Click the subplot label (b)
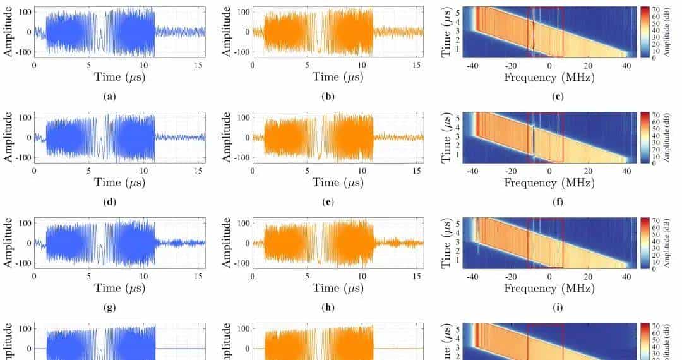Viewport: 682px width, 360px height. tap(337, 97)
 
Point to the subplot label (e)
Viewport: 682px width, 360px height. tap(337, 202)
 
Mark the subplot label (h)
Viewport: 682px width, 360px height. tap(337, 308)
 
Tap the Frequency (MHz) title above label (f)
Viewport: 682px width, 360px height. tap(549, 183)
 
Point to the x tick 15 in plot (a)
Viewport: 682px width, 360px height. tap(199, 65)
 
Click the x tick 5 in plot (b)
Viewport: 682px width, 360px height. tap(307, 65)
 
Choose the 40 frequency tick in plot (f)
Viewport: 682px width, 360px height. tap(626, 171)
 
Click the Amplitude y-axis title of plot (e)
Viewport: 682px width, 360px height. tap(228, 137)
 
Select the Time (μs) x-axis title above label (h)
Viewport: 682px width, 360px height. tap(337, 288)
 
